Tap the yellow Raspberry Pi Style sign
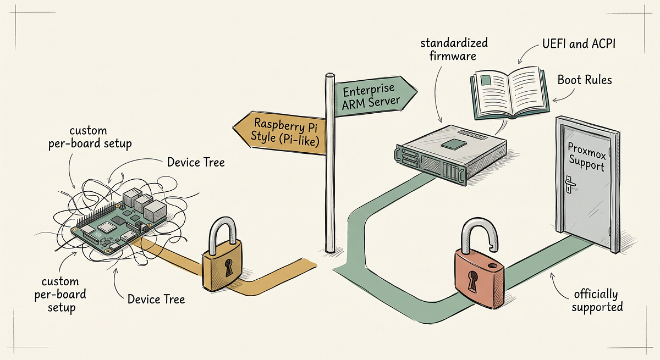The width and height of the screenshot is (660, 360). click(x=282, y=133)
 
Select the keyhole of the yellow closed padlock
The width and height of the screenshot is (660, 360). click(x=228, y=268)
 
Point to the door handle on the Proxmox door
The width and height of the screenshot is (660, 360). click(x=570, y=184)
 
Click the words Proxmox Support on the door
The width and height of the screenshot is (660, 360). click(x=587, y=157)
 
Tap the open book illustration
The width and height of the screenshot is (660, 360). click(x=510, y=93)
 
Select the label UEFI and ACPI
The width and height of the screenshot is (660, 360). click(x=579, y=44)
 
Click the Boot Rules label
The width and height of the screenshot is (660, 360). click(x=585, y=80)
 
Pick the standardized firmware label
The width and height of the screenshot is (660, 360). click(x=454, y=49)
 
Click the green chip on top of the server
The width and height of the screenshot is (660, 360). click(x=454, y=144)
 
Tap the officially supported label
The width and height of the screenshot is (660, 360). click(x=597, y=301)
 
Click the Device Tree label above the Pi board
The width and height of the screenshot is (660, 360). click(x=196, y=163)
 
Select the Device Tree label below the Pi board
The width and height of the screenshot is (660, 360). click(x=156, y=300)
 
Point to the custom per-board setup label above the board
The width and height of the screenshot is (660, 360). click(x=90, y=137)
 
